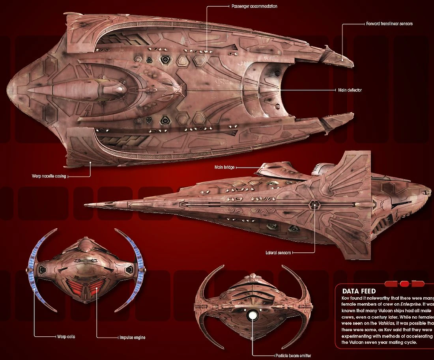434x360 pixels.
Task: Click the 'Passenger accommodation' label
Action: click(x=254, y=7)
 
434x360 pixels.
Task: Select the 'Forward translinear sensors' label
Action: click(x=389, y=24)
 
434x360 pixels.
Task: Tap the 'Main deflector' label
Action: click(x=350, y=90)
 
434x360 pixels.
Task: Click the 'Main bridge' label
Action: click(x=224, y=167)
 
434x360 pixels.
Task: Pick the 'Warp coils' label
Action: click(x=65, y=337)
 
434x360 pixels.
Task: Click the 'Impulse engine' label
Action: click(x=132, y=338)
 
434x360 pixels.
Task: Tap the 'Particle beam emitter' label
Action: click(x=293, y=355)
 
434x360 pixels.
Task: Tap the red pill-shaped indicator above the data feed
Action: click(x=404, y=284)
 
